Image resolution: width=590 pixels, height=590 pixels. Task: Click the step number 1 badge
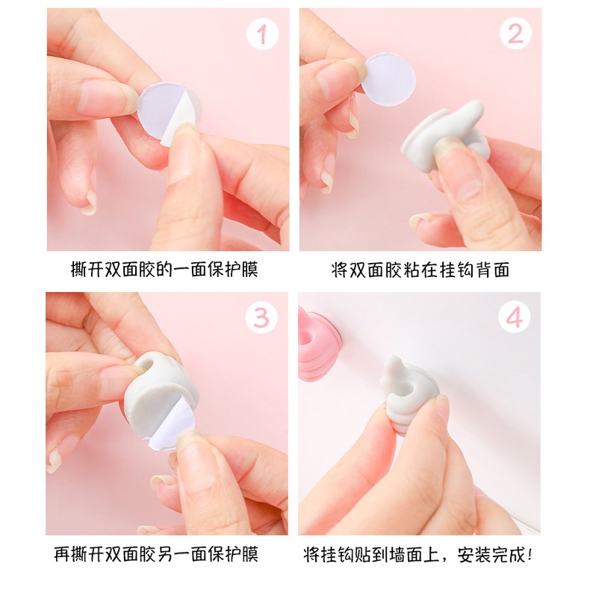pos(262,34)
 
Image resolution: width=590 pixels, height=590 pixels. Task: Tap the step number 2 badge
pos(515,34)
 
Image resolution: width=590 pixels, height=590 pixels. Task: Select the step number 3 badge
pos(261,318)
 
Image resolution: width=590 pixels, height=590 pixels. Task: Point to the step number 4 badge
pos(515,317)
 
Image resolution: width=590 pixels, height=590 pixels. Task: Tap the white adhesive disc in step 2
pos(388,79)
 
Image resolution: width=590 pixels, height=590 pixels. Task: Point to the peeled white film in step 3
pos(171,425)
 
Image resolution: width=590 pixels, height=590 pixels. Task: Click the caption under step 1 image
pos(164,270)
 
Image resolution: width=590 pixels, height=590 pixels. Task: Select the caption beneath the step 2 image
pos(420,270)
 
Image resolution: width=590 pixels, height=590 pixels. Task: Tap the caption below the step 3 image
pos(156,554)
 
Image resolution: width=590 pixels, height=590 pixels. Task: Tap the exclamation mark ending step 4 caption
pos(530,555)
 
